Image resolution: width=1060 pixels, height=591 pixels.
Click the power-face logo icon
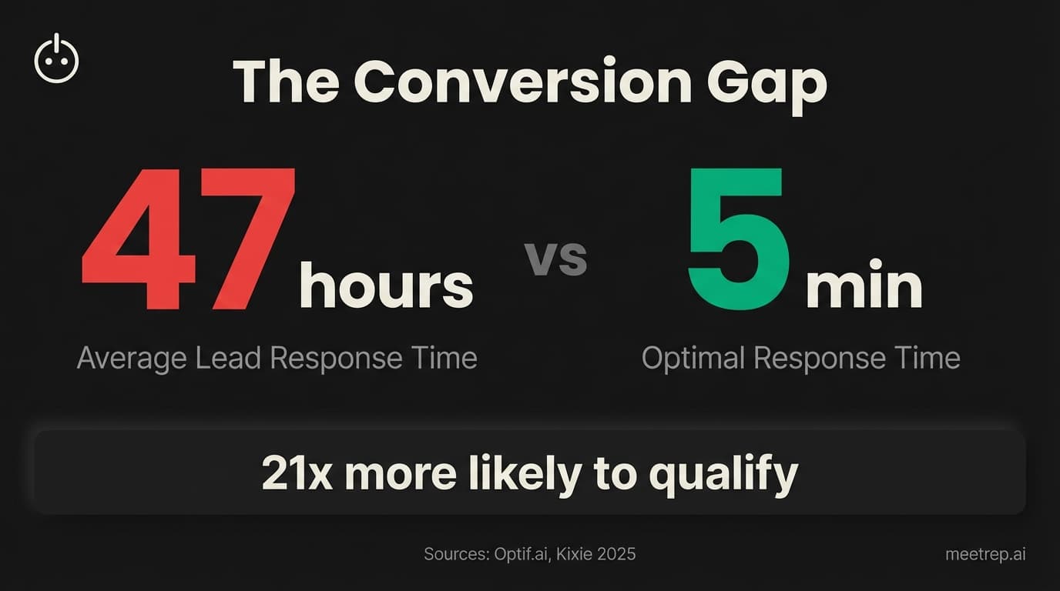pos(56,59)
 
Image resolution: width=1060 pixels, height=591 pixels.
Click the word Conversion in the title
pos(522,81)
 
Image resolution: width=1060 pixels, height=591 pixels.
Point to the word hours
pos(386,285)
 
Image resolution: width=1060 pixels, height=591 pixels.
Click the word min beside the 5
pos(864,286)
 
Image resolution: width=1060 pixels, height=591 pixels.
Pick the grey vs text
pos(555,259)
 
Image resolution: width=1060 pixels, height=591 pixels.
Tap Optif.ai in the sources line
pos(520,554)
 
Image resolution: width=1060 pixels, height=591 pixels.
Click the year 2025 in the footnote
pos(619,554)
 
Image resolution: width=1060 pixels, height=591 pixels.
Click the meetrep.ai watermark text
pos(985,554)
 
